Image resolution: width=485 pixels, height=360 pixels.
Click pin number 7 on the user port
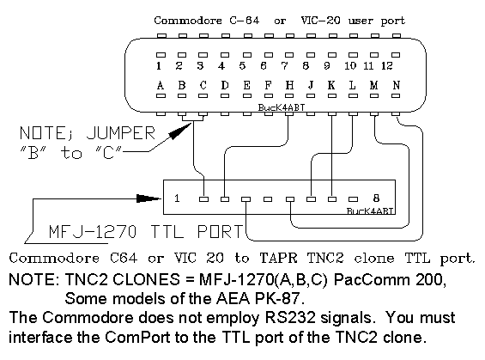(284, 65)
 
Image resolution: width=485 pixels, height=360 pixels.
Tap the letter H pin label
(289, 85)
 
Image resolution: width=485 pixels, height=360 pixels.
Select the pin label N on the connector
(397, 85)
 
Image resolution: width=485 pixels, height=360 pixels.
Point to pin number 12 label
(386, 65)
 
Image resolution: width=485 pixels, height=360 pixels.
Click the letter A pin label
(161, 85)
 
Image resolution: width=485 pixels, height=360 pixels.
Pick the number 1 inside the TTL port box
(177, 198)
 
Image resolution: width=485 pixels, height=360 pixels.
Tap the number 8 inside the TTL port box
(376, 198)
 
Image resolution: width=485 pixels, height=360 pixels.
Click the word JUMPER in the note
(121, 133)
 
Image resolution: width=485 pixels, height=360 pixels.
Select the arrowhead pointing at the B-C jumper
(180, 131)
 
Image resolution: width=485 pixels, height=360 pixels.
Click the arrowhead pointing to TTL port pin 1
(149, 198)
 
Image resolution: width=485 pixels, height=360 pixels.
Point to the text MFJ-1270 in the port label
(93, 232)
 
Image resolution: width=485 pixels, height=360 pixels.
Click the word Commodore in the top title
(188, 21)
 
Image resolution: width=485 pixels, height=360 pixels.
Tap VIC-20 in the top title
(321, 21)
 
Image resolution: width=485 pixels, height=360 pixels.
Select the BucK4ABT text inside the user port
(282, 107)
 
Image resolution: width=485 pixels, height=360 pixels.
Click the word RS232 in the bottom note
(290, 318)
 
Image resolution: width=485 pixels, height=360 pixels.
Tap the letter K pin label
(331, 85)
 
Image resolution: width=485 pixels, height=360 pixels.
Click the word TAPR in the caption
(278, 258)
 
